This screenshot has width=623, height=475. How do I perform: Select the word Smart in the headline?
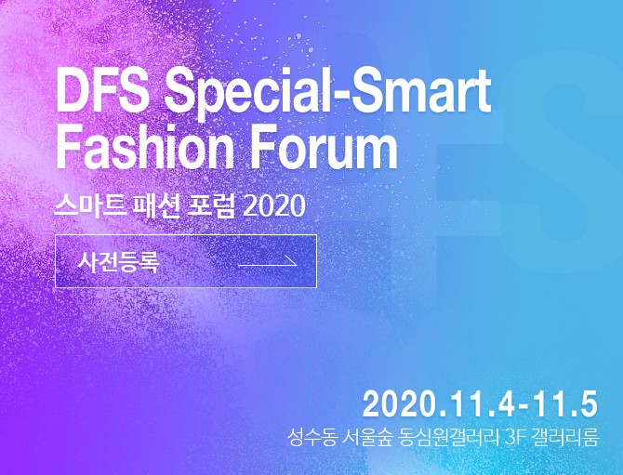419,91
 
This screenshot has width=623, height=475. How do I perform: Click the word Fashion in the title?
145,146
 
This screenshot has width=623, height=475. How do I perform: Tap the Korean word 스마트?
88,205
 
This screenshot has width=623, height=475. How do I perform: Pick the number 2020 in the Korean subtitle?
273,206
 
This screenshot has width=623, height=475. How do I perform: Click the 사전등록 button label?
118,261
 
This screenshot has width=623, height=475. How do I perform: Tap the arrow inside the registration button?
268,262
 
